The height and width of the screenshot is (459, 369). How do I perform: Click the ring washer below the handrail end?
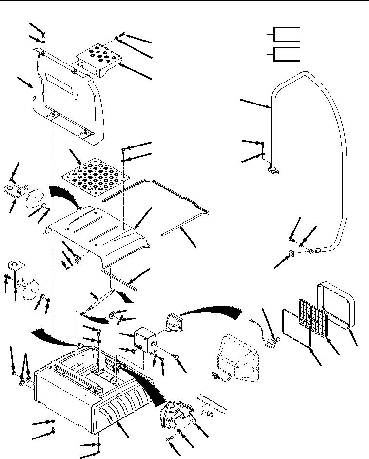tap(291, 253)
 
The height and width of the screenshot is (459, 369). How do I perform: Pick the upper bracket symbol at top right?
tap(285, 34)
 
